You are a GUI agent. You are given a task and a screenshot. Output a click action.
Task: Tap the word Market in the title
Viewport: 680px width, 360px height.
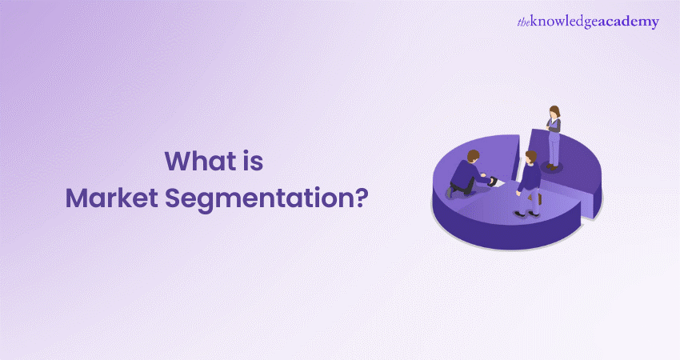pos(105,197)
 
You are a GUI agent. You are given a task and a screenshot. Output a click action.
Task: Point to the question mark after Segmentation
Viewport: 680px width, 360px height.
pos(362,196)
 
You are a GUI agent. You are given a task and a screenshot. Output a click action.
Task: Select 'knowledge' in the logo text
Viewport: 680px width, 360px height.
pos(571,22)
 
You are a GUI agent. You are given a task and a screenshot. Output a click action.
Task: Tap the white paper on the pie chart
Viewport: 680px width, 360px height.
pos(498,183)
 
